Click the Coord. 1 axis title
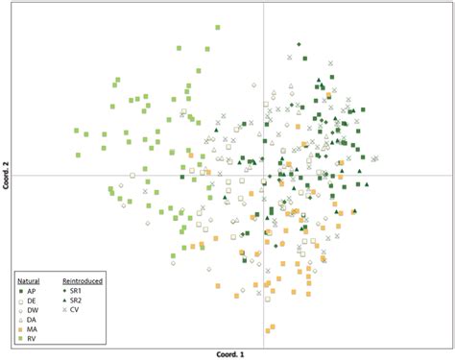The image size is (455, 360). [230, 353]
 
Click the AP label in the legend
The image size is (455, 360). [32, 290]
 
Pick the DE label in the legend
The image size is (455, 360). [32, 300]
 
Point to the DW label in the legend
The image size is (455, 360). [33, 311]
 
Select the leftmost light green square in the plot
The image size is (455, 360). [77, 130]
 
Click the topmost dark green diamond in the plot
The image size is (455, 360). [299, 44]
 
